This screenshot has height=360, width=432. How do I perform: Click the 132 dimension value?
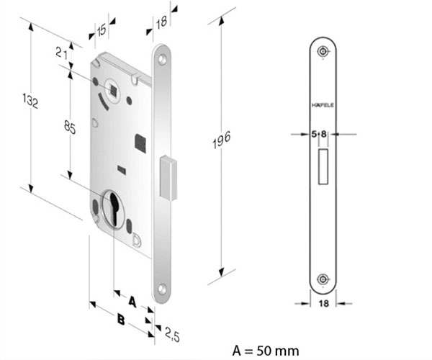pos(30,101)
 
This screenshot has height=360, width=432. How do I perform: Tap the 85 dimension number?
pos(70,127)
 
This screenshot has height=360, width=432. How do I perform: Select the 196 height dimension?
pos(221,140)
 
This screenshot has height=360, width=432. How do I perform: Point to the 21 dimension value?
pos(62,53)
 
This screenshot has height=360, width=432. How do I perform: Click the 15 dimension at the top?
pos(101,30)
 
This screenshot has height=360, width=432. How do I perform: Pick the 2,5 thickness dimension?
pos(173,334)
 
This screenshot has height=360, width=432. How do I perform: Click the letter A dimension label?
pos(132,302)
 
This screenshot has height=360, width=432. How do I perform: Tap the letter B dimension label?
pos(121,320)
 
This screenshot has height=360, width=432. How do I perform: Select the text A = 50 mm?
pos(266,351)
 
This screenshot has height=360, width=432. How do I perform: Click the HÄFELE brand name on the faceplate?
pos(323,105)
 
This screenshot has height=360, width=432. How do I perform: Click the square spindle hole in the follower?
pos(113,89)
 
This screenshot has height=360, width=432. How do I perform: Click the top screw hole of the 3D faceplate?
pos(162,60)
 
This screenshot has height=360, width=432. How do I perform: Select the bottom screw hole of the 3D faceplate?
pos(162,289)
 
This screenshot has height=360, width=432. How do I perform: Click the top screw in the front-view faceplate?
pos(322,51)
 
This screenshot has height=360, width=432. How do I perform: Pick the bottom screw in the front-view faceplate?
pos(322,279)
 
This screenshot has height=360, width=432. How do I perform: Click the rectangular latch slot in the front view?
pos(323,166)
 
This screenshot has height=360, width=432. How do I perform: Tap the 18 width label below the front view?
pos(323,303)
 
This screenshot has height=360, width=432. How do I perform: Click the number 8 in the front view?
pos(323,134)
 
